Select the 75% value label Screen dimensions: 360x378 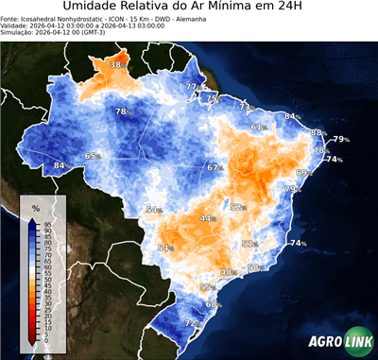(x=214, y=98)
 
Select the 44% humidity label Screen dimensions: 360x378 (x=207, y=218)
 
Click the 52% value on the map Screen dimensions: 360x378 (x=238, y=208)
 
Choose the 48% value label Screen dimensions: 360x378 (x=228, y=272)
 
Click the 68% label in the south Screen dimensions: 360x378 (x=214, y=304)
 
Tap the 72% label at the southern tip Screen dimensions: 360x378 (x=192, y=324)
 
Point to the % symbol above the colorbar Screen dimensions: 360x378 (x=35, y=207)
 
